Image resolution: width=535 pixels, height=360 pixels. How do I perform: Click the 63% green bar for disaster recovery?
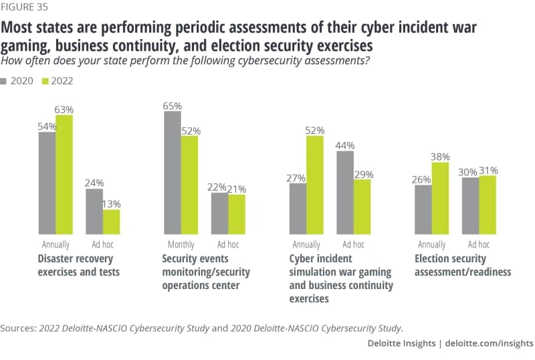coord(64,174)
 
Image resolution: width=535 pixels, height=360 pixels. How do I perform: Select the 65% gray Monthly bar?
coord(173,172)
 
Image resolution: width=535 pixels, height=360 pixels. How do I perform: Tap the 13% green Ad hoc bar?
coord(112,221)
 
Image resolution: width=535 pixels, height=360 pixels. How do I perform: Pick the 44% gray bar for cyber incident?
coord(345,192)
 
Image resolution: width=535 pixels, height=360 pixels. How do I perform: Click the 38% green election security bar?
coord(440,198)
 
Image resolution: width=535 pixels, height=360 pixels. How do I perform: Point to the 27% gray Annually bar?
coord(298,208)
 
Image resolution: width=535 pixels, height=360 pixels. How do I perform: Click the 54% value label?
coord(47,126)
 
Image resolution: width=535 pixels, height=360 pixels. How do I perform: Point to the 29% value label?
coord(363,174)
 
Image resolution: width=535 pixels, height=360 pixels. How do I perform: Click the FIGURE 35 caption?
coord(25,8)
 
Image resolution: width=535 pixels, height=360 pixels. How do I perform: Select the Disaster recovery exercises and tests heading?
coord(75,265)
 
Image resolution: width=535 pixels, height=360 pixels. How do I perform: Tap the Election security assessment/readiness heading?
coord(463,265)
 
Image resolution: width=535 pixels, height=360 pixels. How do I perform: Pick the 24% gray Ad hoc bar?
coord(94,211)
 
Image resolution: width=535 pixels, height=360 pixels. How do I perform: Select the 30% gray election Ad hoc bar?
coord(470,205)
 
